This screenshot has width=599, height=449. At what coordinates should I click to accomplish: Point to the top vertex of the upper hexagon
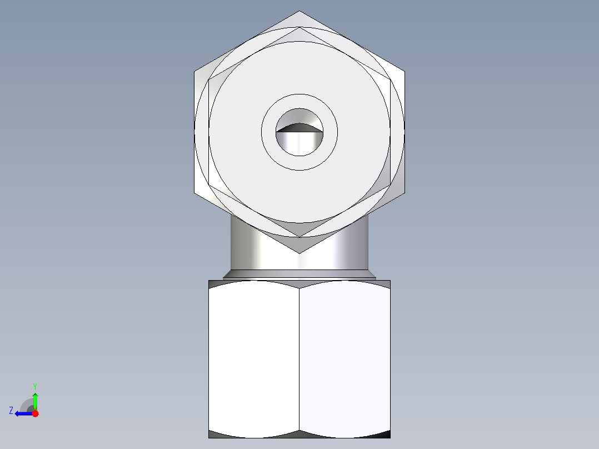[299, 12]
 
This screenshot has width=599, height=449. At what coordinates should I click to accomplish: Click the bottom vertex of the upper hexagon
[299, 253]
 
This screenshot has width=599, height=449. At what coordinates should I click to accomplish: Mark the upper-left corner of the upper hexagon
[195, 72]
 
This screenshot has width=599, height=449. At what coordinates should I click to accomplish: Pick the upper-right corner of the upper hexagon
[404, 72]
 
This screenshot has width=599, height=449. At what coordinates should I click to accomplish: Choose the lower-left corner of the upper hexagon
[195, 193]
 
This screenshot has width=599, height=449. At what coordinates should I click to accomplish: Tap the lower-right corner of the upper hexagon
[404, 193]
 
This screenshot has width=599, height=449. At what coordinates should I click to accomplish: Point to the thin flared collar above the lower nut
[299, 274]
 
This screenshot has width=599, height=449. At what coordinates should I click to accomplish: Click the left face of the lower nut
[254, 358]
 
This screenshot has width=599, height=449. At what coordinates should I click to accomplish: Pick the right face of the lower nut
[345, 358]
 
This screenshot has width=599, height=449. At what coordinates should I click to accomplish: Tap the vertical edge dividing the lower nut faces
[299, 358]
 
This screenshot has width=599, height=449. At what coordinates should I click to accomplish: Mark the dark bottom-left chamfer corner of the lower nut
[214, 434]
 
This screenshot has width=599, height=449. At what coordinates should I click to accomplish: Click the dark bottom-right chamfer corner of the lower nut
[385, 434]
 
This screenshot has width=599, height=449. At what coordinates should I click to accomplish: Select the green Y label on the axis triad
[34, 386]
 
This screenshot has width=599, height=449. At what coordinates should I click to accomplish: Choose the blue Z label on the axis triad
[11, 411]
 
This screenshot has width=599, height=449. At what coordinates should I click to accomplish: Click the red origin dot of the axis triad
[35, 413]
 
